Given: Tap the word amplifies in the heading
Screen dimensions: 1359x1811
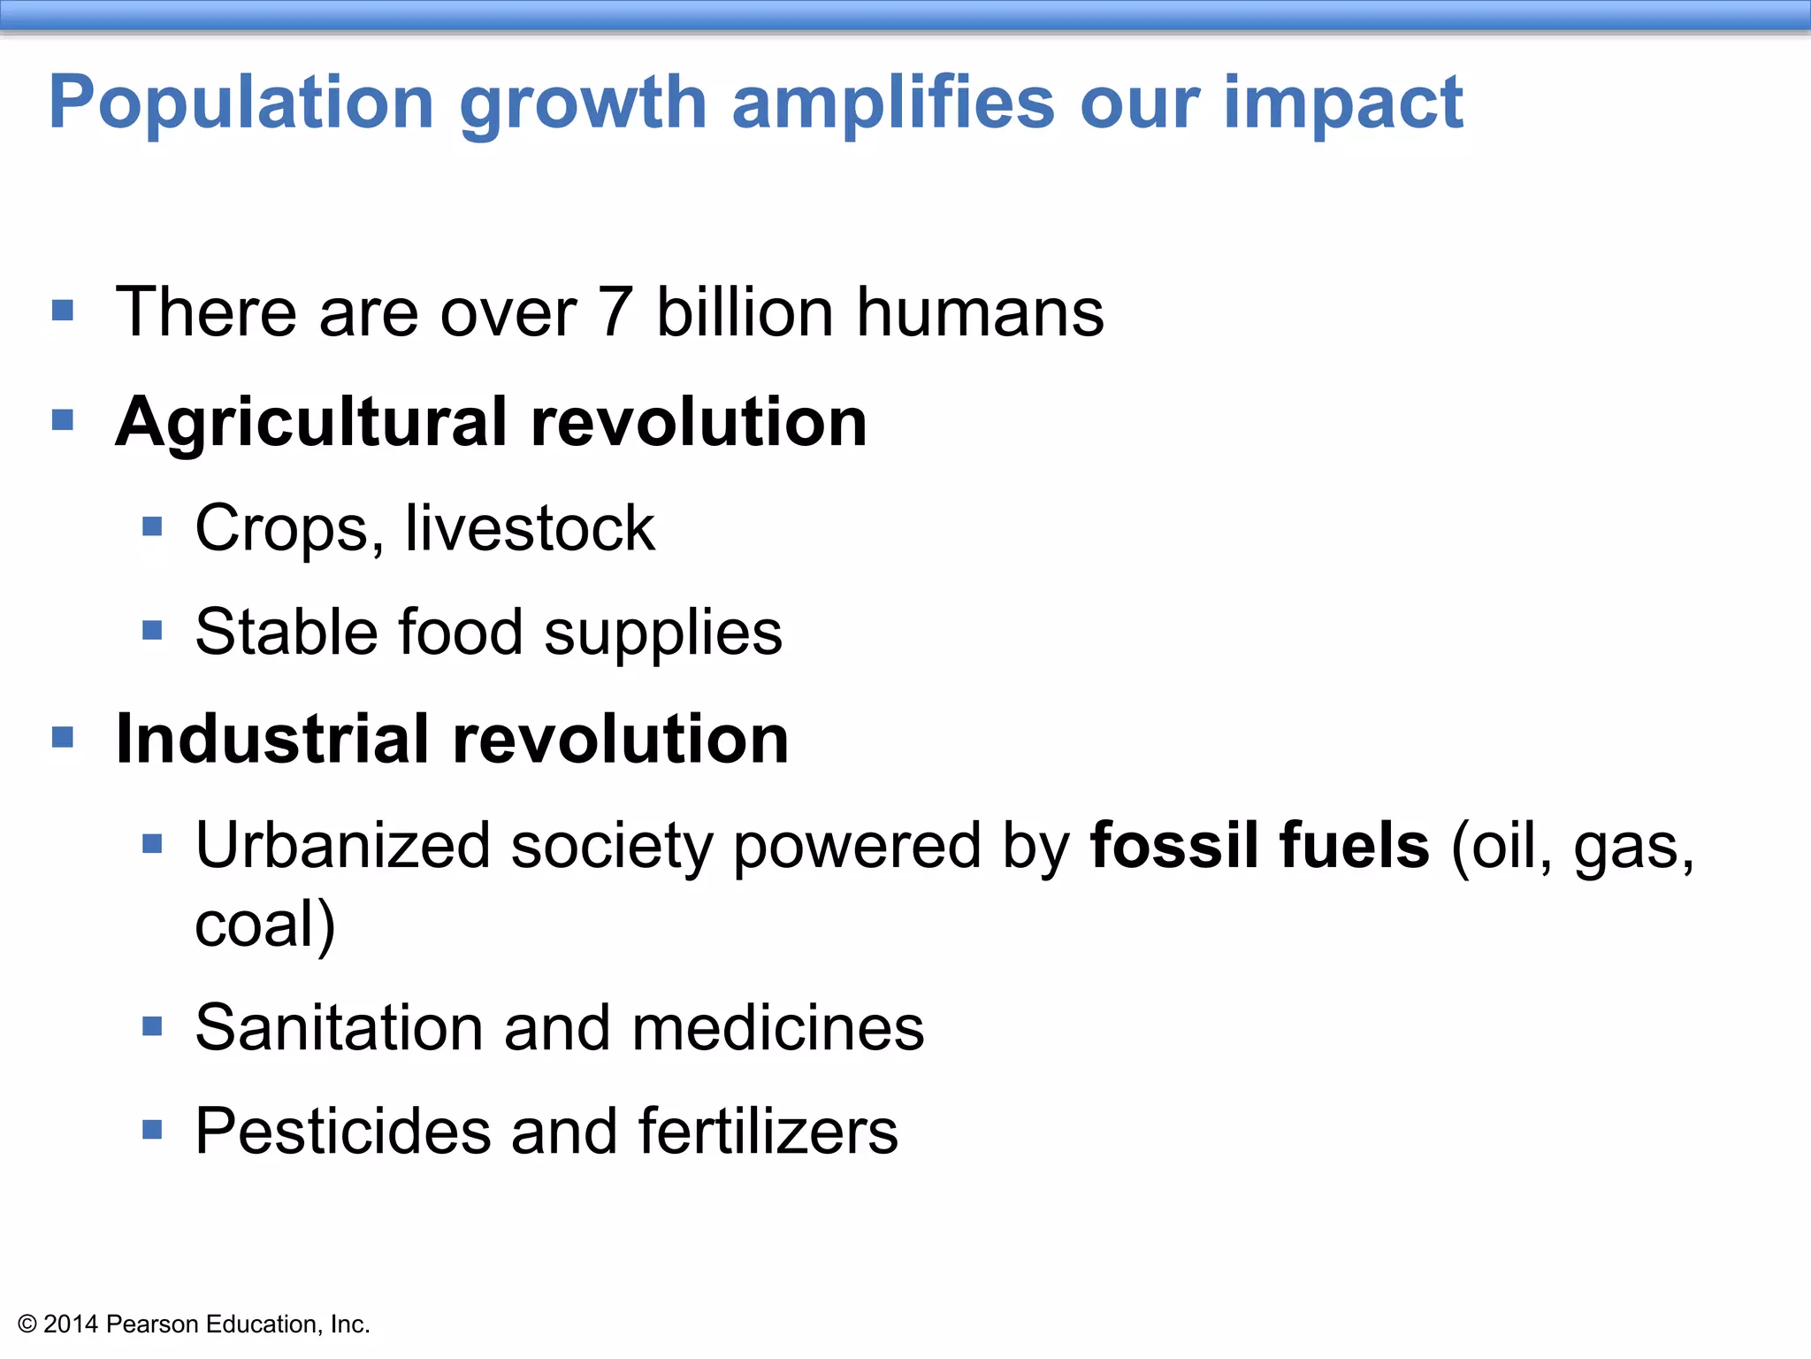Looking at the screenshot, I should coord(893,103).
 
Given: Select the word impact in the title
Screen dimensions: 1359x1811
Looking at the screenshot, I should coord(1343,104).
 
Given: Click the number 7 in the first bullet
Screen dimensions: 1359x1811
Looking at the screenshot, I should coord(615,312).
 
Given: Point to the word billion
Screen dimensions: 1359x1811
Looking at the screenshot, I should coord(745,312).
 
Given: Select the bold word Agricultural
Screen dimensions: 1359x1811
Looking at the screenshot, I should coord(311,423).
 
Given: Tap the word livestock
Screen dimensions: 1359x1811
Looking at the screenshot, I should coord(530,528).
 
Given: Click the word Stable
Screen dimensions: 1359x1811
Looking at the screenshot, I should coord(286,632).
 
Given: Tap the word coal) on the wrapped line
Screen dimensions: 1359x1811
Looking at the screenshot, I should coord(264,925).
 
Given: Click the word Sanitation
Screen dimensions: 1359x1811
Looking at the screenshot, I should coord(339,1028).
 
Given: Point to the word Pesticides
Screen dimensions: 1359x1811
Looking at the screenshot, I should coord(342,1132).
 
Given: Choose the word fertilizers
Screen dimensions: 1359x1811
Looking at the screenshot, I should coord(768,1132).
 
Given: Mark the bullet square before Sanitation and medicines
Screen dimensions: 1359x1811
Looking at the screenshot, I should coord(152,1026).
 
